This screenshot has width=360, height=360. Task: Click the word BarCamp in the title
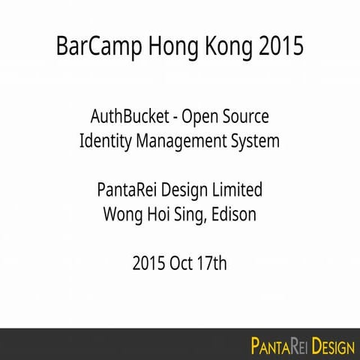coord(93,46)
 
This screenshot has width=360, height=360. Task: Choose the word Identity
coord(106,141)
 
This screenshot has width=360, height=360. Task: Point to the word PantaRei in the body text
coord(126,190)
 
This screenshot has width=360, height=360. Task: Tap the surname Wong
coord(121,214)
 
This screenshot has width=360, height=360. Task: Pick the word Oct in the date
coord(184,263)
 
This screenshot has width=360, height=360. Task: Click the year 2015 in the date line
coord(150,263)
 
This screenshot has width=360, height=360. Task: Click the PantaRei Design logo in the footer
coord(302,346)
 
